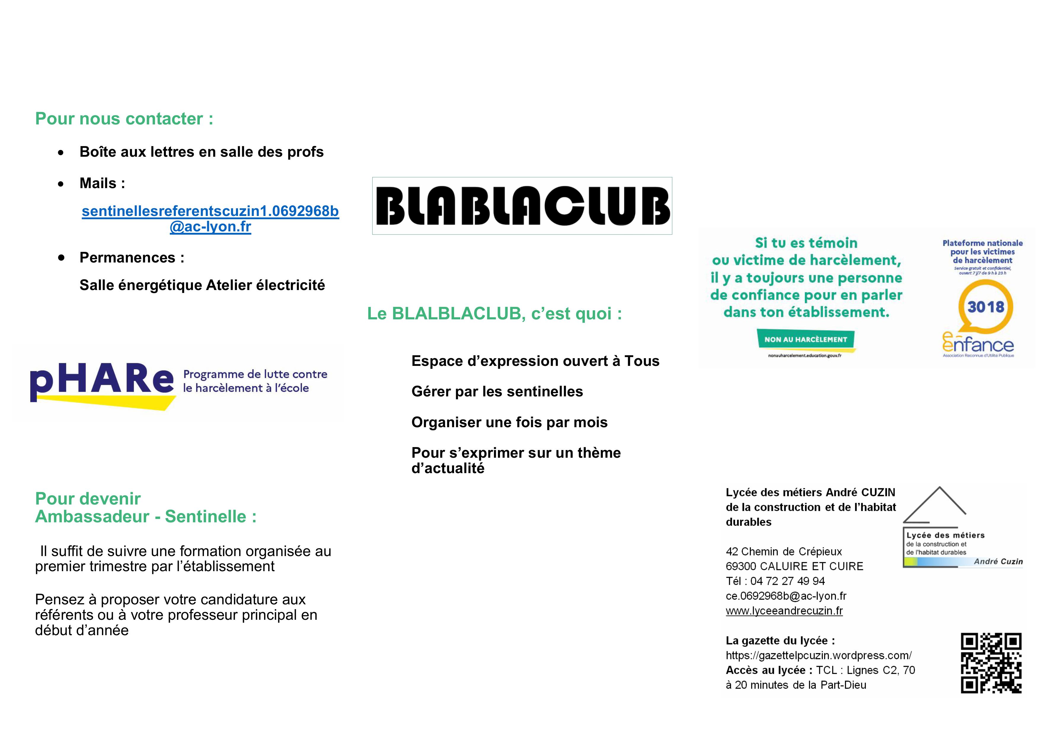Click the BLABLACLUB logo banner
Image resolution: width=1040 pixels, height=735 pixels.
[x=522, y=206]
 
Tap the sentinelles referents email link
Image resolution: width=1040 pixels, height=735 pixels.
[x=210, y=219]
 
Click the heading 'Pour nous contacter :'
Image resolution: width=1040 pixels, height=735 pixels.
[x=124, y=119]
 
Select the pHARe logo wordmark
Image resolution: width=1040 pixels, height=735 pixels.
[x=102, y=380]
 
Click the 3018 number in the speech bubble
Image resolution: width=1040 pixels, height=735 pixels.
[x=986, y=307]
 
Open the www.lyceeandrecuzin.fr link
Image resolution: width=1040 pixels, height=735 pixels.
[x=784, y=611]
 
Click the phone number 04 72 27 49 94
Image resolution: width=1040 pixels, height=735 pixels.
[x=788, y=581]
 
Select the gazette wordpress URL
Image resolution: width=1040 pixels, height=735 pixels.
[x=819, y=655]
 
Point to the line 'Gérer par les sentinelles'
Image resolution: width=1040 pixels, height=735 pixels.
[x=497, y=392]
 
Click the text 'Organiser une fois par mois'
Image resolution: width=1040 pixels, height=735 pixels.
[x=509, y=422]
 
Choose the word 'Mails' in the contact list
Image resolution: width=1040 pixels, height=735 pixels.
[x=98, y=183]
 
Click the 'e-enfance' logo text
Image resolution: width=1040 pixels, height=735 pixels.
[x=978, y=345]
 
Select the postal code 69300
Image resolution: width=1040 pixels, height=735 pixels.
[x=741, y=566]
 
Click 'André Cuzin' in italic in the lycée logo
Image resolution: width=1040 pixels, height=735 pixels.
[x=998, y=562]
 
